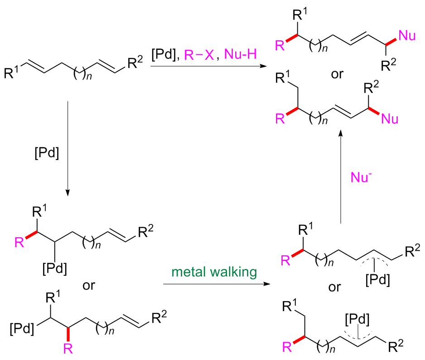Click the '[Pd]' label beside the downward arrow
(x=47, y=153)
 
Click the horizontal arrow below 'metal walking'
(x=214, y=284)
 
